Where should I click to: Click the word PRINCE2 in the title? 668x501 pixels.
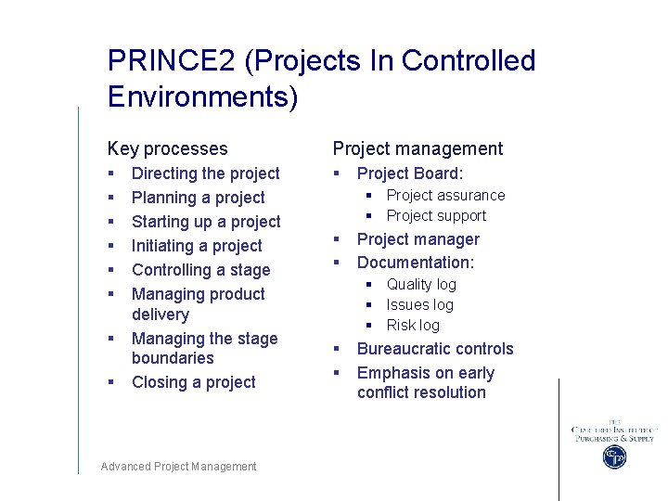coord(172,61)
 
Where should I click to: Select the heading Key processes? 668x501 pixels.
coord(167,148)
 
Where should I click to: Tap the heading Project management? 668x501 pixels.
coord(417,148)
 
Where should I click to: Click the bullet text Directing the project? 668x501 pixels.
coord(205,173)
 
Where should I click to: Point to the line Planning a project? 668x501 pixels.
coord(198,198)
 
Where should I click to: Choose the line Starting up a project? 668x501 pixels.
coord(206,222)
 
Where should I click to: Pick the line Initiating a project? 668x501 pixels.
coord(197,246)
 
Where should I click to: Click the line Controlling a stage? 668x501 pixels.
coord(200,270)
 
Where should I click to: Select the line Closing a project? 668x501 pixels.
coord(193,382)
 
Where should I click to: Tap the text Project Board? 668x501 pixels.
coord(409,173)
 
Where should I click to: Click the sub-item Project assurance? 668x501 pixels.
coord(445,195)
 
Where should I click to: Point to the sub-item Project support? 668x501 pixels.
coord(436,215)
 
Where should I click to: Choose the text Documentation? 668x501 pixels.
coord(415,263)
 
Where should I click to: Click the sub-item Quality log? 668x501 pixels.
coord(421,284)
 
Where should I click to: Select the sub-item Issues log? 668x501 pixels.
coord(419,304)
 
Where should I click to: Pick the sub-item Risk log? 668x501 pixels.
coord(413,325)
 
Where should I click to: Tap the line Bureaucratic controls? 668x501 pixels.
coord(434,349)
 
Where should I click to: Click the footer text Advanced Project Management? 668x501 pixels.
coord(178,467)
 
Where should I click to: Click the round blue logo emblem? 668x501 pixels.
coord(614,456)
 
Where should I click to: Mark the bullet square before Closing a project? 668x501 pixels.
coord(110,382)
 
